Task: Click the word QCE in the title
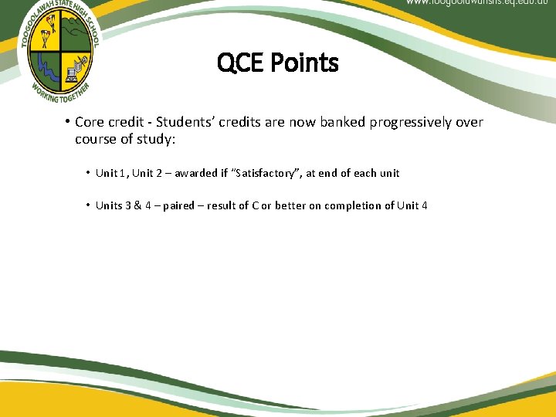pos(240,63)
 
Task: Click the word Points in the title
pos(303,63)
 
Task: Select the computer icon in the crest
pos(74,73)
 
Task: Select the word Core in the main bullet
pos(89,122)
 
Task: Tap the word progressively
pos(409,122)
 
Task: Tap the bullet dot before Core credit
pos(68,122)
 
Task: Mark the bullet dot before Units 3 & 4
pos(89,205)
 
